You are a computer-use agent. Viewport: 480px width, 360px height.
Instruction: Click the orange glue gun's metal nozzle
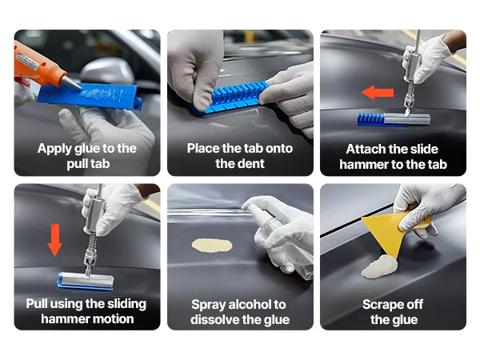click(x=71, y=82)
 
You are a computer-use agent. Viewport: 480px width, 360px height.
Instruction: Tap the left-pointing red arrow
click(x=378, y=92)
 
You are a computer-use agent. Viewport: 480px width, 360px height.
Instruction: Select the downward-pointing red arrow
click(x=55, y=240)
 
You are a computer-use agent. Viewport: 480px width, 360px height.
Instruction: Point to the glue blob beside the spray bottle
click(x=212, y=246)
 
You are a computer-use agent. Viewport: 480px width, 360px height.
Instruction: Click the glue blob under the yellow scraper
click(x=379, y=267)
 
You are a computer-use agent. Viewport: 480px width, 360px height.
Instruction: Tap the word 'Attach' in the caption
click(x=365, y=150)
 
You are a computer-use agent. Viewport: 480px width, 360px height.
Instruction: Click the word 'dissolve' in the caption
click(x=215, y=320)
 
